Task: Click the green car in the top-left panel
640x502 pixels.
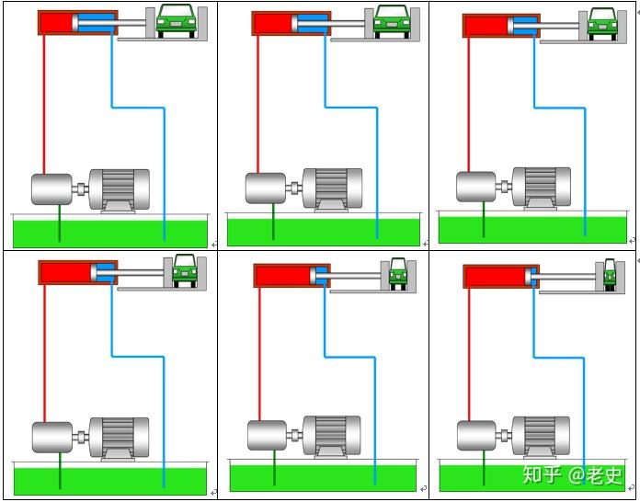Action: coord(177,20)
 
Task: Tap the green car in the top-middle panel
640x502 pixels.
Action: coord(392,20)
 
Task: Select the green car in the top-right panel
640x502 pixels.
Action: coord(602,22)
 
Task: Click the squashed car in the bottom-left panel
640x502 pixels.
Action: coord(185,270)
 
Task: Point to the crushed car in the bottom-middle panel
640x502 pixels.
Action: coord(398,273)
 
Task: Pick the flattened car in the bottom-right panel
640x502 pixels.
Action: coord(609,273)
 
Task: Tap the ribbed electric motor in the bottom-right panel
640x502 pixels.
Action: coord(542,436)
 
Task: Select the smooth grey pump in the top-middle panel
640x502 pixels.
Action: coord(266,188)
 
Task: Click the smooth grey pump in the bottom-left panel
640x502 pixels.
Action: coord(51,437)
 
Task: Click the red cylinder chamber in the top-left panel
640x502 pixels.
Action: coord(56,23)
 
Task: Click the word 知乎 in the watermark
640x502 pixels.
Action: coord(542,474)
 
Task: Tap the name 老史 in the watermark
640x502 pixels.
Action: coord(604,474)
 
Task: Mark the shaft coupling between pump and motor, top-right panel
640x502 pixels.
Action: coord(504,186)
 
